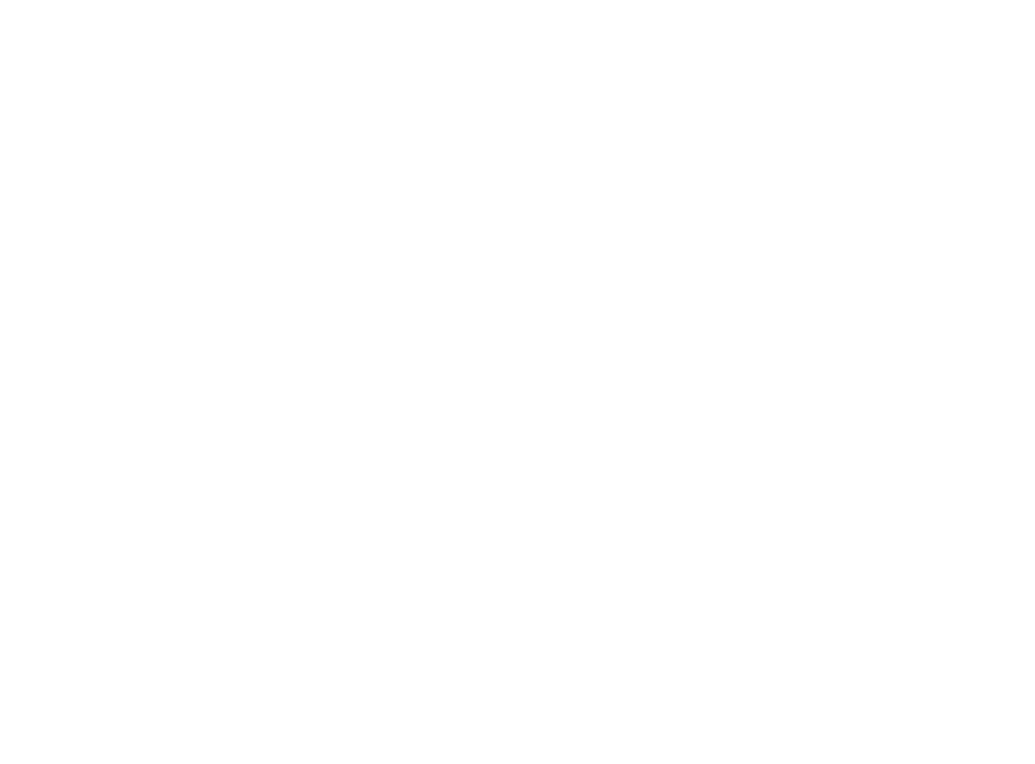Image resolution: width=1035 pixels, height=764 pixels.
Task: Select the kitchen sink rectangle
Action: point(234,374)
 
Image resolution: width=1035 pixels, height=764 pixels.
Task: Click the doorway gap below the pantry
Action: point(141,110)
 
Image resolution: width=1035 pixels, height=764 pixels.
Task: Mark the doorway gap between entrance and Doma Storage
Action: point(947,330)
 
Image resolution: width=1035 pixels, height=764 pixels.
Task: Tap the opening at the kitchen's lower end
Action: point(126,437)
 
